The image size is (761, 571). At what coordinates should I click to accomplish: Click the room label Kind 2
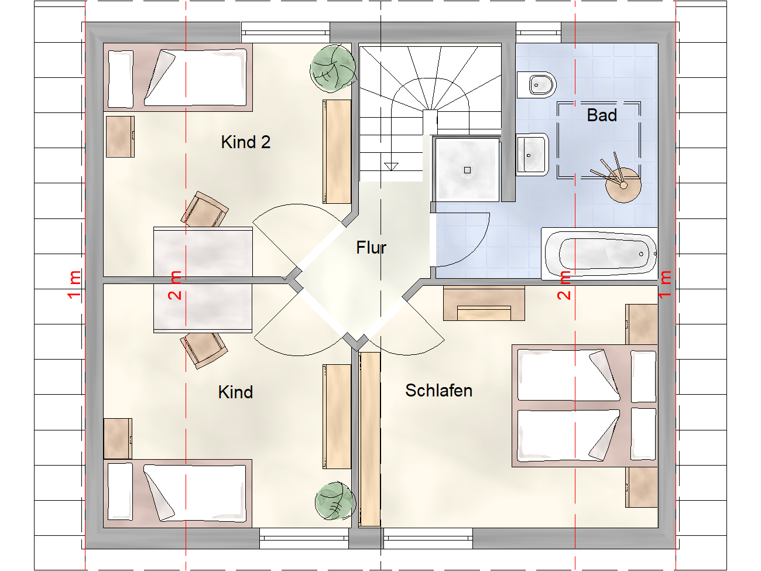tap(245, 142)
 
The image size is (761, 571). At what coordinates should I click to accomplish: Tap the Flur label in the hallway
tap(371, 248)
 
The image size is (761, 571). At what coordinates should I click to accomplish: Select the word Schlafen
tap(438, 391)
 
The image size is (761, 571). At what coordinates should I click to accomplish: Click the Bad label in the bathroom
tap(602, 115)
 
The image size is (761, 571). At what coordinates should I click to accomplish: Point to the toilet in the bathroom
tap(537, 86)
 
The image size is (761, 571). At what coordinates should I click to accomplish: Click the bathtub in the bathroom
tap(600, 254)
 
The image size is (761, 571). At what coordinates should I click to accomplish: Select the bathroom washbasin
tap(532, 155)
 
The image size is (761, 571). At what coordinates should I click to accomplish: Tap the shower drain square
tap(467, 170)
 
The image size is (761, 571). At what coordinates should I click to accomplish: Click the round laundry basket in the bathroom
tap(623, 186)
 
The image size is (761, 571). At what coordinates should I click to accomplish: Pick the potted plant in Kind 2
tap(333, 68)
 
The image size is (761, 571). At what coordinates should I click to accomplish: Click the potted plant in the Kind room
tap(335, 501)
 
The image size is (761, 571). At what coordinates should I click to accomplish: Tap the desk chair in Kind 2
tap(204, 210)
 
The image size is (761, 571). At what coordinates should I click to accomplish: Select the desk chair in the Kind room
tap(203, 350)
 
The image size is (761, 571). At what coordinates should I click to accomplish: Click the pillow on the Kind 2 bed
tap(121, 79)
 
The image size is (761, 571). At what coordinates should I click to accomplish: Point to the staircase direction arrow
tap(391, 166)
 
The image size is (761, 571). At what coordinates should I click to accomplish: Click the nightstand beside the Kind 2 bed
tap(120, 136)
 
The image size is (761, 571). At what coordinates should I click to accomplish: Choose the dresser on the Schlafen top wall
tap(484, 303)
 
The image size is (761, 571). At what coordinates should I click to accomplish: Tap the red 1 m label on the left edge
tap(74, 284)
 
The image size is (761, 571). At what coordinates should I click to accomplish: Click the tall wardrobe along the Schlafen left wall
tap(369, 439)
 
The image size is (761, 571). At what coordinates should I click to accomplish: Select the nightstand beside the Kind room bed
tap(118, 439)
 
